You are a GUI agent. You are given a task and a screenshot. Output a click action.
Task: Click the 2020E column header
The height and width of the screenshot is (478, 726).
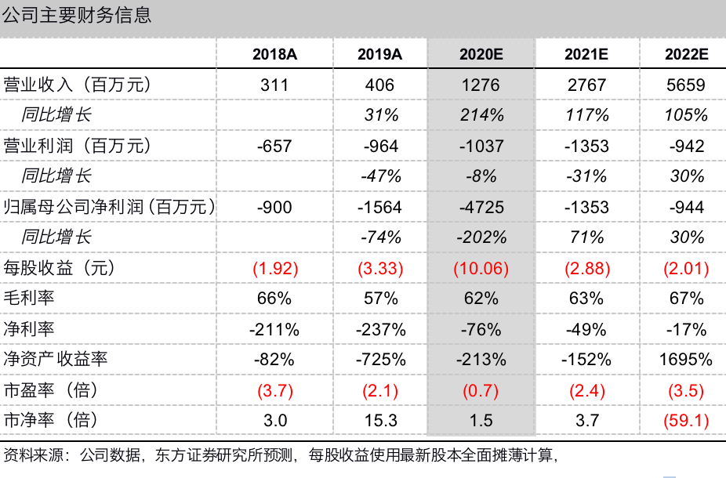pyautogui.click(x=481, y=54)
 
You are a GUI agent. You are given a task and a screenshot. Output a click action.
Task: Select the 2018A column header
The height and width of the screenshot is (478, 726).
pyautogui.click(x=274, y=54)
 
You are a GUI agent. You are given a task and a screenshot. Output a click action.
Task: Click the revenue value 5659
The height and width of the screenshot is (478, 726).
pyautogui.click(x=686, y=85)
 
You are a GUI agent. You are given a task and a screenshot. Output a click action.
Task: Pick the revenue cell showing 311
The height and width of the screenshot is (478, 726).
pyautogui.click(x=274, y=85)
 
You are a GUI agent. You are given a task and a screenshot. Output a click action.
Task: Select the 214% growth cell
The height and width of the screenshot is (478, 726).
pyautogui.click(x=481, y=115)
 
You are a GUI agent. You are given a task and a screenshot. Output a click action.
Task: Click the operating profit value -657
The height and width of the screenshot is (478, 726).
pyautogui.click(x=274, y=146)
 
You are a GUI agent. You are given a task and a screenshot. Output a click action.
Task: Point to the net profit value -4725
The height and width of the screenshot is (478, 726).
pyautogui.click(x=481, y=207)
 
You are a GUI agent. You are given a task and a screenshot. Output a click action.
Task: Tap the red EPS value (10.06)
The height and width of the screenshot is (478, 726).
pyautogui.click(x=481, y=269)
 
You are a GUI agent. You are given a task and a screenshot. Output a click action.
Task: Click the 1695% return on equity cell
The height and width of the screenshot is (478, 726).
pyautogui.click(x=686, y=360)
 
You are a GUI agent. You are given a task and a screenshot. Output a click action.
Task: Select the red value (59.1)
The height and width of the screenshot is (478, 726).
pyautogui.click(x=686, y=421)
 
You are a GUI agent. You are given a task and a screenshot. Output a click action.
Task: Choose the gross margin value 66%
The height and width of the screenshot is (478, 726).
pyautogui.click(x=274, y=299)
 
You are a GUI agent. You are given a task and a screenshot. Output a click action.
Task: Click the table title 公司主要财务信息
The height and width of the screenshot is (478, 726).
pyautogui.click(x=77, y=15)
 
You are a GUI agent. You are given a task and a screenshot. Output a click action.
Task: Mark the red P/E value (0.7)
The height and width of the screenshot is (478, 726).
pyautogui.click(x=481, y=390)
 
